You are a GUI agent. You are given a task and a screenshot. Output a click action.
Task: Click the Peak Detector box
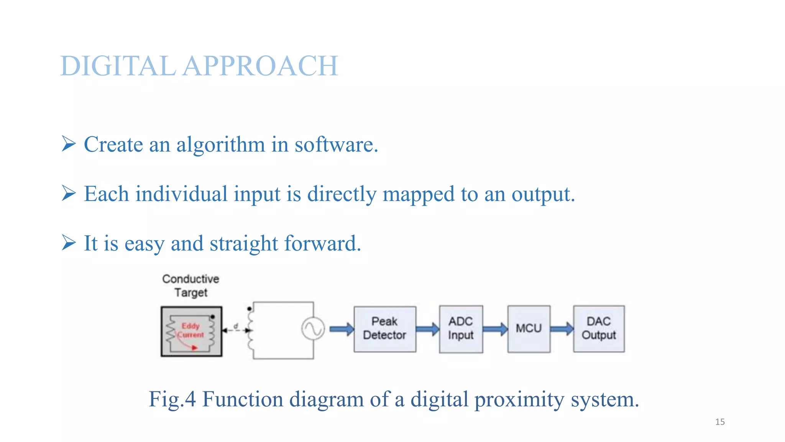(x=384, y=329)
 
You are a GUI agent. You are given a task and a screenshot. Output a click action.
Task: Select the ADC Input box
(x=461, y=329)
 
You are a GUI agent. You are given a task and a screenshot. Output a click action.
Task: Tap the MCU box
(x=529, y=329)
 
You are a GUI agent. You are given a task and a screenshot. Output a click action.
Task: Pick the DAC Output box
(x=599, y=329)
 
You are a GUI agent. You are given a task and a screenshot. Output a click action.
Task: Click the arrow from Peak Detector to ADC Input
(x=427, y=329)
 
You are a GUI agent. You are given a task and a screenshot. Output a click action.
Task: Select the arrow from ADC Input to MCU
(x=495, y=329)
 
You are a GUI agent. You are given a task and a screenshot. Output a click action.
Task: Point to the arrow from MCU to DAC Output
(x=562, y=329)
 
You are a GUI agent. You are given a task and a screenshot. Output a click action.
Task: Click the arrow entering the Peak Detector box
(x=342, y=329)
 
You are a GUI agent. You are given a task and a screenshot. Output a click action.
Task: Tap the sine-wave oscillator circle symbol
(x=313, y=329)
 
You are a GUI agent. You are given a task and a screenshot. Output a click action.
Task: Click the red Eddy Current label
(x=191, y=330)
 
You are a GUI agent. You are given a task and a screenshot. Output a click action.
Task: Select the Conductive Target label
(x=191, y=286)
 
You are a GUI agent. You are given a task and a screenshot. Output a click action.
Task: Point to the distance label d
(x=236, y=326)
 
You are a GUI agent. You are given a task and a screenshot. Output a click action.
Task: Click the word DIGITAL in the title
(x=118, y=66)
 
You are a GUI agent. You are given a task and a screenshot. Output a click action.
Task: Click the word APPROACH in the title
(x=261, y=66)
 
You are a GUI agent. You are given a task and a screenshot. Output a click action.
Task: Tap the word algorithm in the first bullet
(x=221, y=145)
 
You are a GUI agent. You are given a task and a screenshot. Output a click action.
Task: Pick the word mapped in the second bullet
(x=418, y=194)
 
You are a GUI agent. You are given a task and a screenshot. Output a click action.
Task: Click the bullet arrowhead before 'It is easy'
(x=69, y=242)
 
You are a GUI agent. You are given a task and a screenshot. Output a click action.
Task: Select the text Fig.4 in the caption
(x=172, y=399)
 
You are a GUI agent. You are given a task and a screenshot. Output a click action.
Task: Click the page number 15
(x=720, y=422)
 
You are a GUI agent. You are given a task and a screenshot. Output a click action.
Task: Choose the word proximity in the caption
(x=519, y=400)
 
